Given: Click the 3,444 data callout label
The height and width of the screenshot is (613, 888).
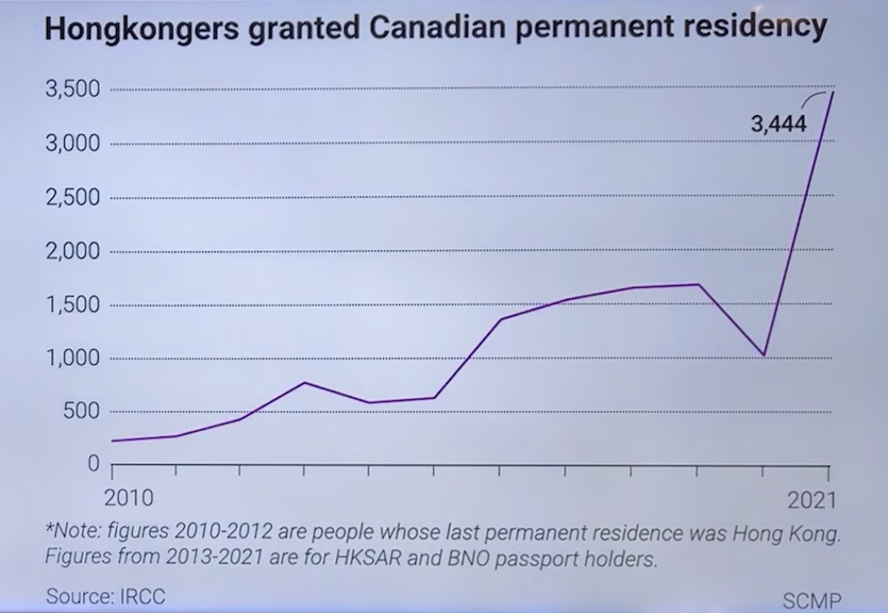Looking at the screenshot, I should point(779,124).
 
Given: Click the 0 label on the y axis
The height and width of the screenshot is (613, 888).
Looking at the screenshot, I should point(93,464).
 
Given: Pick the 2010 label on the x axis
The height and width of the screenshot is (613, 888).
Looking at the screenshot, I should point(130,499).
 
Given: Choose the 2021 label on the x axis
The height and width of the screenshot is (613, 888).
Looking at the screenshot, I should point(811,500).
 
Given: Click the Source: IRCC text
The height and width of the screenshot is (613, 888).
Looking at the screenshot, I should point(105,596).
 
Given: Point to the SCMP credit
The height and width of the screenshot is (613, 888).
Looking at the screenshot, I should point(812,600).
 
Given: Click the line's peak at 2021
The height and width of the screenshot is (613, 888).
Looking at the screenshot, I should point(831,91).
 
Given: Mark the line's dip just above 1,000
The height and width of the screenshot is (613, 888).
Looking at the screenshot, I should point(764,355).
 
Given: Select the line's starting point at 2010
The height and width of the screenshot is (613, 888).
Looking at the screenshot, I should point(112,441).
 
